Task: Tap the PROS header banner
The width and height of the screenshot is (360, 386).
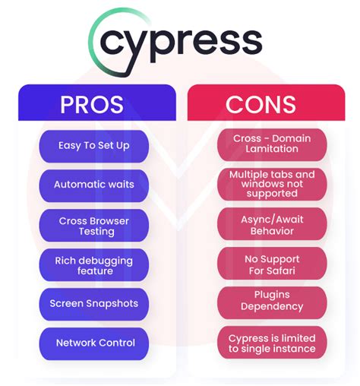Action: (97, 103)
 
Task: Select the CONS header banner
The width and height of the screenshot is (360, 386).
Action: (266, 103)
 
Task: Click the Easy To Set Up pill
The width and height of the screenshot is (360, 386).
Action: (94, 146)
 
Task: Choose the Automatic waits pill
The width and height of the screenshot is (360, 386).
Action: (94, 185)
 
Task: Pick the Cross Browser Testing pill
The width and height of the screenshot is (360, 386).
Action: (94, 225)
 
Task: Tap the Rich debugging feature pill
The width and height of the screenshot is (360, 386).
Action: (94, 264)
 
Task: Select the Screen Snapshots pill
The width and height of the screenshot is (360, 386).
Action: (94, 304)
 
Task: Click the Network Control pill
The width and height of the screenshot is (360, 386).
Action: (94, 343)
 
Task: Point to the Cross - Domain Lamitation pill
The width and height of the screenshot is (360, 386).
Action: (272, 144)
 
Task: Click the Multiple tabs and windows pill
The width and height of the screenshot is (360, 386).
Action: (272, 184)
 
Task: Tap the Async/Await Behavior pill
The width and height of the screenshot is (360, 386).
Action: (272, 224)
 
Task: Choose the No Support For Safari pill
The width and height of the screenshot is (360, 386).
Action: (272, 264)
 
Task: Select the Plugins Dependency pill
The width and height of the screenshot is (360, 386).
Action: (272, 303)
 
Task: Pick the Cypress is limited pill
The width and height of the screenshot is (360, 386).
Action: (272, 343)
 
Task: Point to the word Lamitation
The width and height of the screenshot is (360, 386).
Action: (272, 149)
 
